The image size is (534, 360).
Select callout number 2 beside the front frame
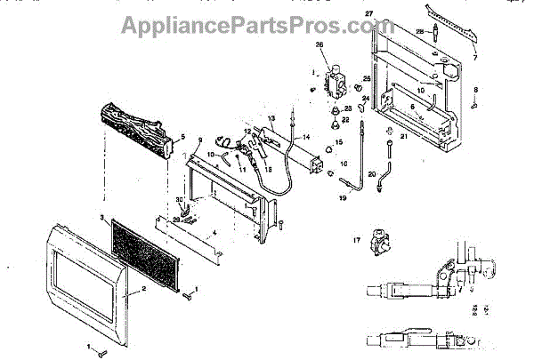tap(134, 290)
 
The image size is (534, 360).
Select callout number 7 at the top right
tap(475, 57)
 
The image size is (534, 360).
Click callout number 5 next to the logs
tap(182, 137)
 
